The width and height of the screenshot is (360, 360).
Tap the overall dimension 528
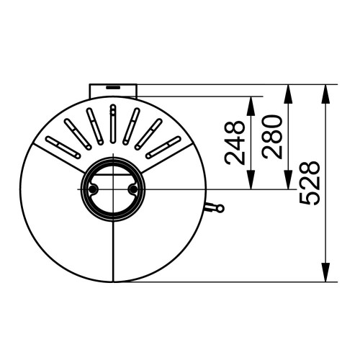click(310, 183)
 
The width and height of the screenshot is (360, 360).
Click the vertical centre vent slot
click(113, 123)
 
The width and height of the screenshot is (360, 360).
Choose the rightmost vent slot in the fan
click(165, 146)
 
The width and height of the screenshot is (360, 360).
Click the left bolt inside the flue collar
click(93, 189)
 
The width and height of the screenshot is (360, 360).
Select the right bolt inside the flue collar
click(132, 189)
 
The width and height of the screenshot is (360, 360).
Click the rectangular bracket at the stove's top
click(113, 89)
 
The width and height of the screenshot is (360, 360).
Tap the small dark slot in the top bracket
click(113, 86)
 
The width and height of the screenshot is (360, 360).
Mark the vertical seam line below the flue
click(113, 252)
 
